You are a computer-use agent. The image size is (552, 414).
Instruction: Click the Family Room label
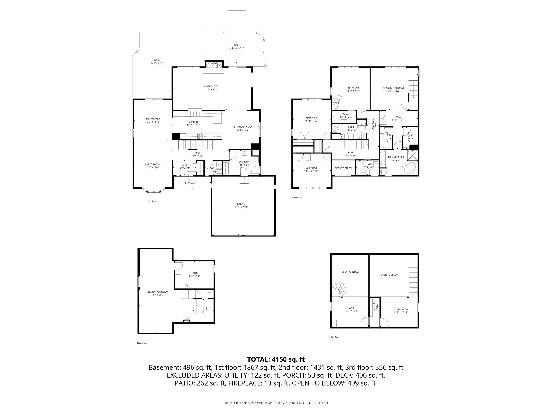click(211, 86)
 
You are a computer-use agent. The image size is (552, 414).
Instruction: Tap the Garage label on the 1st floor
click(241, 204)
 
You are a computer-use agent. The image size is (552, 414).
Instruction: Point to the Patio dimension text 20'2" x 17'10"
click(237, 48)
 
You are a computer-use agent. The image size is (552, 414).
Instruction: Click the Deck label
click(157, 60)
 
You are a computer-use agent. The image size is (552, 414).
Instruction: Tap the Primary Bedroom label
click(393, 88)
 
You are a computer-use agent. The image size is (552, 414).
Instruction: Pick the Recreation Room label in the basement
click(157, 292)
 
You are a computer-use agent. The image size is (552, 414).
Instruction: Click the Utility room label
click(194, 273)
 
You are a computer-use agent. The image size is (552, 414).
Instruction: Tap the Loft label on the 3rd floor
click(351, 308)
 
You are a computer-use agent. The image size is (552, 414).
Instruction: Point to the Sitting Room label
click(401, 309)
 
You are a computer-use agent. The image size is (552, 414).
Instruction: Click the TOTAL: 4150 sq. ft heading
click(276, 359)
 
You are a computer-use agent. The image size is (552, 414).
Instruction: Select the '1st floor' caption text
click(152, 201)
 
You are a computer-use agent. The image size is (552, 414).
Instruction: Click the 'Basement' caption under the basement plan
click(142, 343)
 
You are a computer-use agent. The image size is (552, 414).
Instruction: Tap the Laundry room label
click(244, 162)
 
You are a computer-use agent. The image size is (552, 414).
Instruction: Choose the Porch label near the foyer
click(190, 180)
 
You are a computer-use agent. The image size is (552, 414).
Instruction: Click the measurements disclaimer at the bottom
click(276, 403)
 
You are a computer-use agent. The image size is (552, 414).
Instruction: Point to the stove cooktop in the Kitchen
click(200, 136)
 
